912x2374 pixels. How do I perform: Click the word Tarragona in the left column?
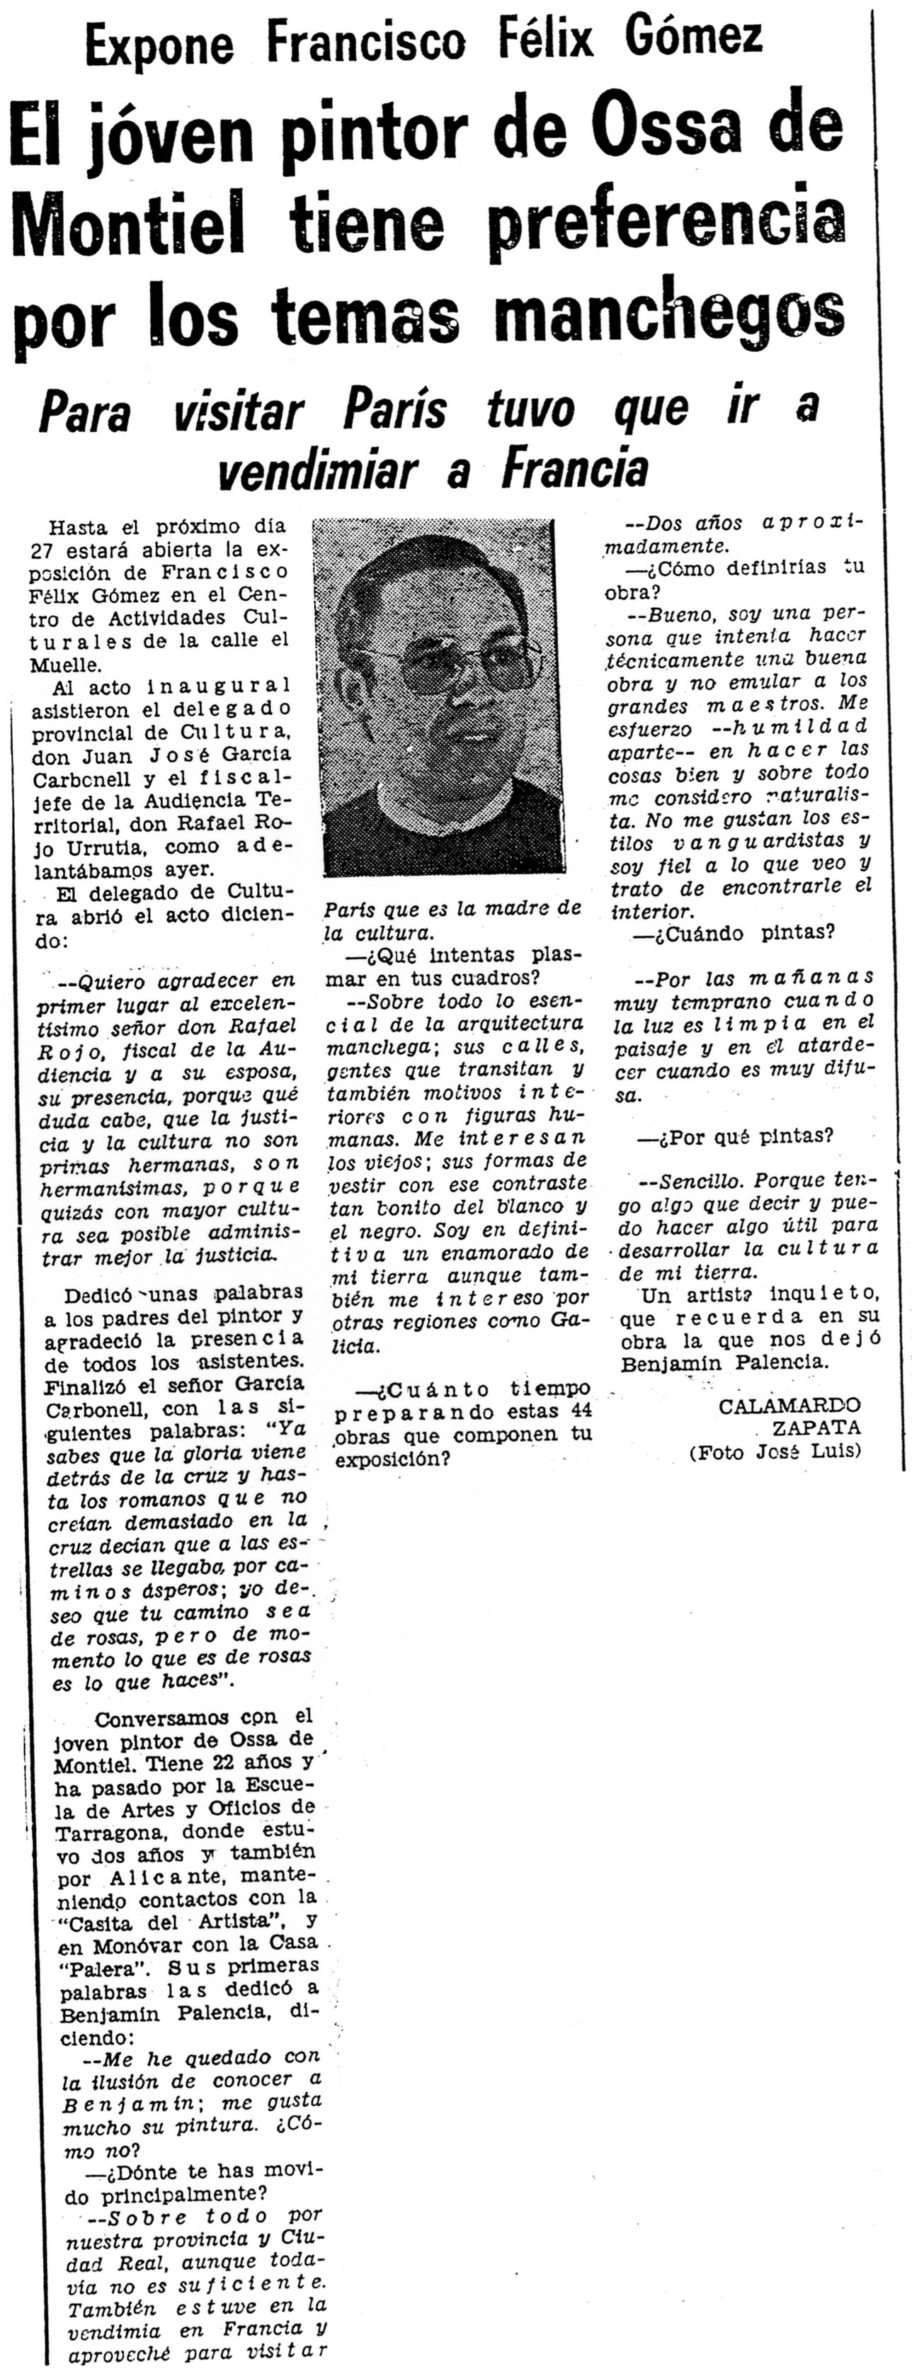coord(104,1830)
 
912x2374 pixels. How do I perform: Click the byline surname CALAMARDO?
coord(790,1406)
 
